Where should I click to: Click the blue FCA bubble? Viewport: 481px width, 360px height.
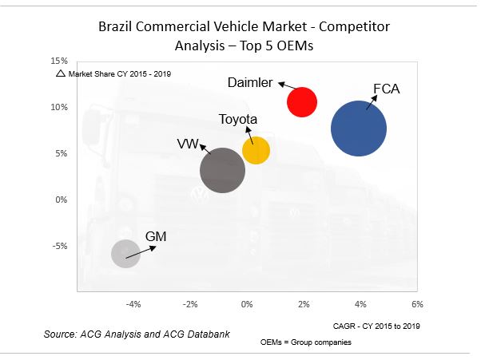(358, 129)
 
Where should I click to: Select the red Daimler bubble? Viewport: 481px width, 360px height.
(302, 102)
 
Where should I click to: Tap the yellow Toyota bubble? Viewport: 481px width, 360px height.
(256, 150)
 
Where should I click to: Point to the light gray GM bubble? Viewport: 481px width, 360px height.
(125, 254)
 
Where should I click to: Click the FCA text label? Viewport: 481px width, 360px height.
(386, 89)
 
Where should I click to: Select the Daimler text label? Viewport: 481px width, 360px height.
(250, 83)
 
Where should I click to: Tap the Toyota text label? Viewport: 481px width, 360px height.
(238, 120)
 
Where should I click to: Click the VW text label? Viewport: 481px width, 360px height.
(188, 144)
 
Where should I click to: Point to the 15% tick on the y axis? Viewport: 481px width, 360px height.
(59, 61)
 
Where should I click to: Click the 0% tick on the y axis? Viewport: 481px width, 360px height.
(61, 200)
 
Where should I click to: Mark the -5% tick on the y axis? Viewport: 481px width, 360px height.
(59, 246)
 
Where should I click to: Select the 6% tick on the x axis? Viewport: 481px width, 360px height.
(416, 304)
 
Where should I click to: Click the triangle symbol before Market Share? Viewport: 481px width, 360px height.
(61, 73)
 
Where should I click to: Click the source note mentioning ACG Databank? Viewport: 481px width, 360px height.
(137, 334)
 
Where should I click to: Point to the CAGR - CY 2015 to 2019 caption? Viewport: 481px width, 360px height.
(376, 326)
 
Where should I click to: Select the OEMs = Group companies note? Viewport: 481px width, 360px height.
(305, 342)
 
